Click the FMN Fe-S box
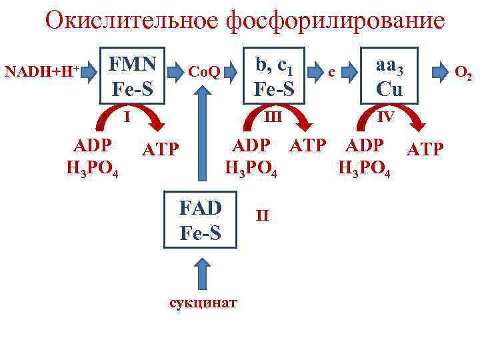click(x=133, y=75)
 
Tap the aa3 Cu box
click(x=389, y=75)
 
